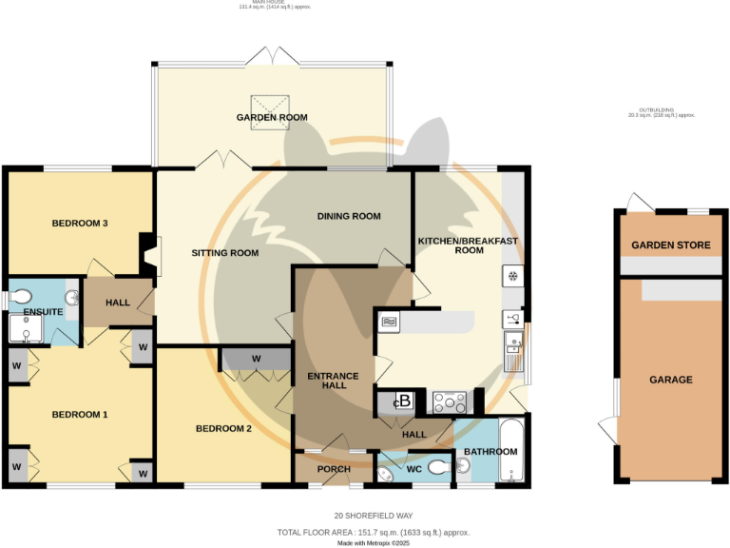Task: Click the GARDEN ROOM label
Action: pyautogui.click(x=272, y=118)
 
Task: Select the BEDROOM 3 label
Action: pyautogui.click(x=79, y=224)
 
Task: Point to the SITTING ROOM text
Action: pyautogui.click(x=225, y=253)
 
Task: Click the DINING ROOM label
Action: pyautogui.click(x=349, y=217)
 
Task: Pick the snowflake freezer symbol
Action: pyautogui.click(x=512, y=277)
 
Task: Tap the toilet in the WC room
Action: pyautogui.click(x=439, y=468)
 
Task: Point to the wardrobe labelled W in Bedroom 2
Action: pyautogui.click(x=257, y=359)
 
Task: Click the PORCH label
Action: pyautogui.click(x=331, y=469)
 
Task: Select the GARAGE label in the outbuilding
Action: pyautogui.click(x=670, y=380)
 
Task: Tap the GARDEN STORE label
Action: pyautogui.click(x=671, y=245)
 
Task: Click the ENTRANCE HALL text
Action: pyautogui.click(x=333, y=382)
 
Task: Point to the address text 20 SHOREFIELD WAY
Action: pyautogui.click(x=365, y=519)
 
